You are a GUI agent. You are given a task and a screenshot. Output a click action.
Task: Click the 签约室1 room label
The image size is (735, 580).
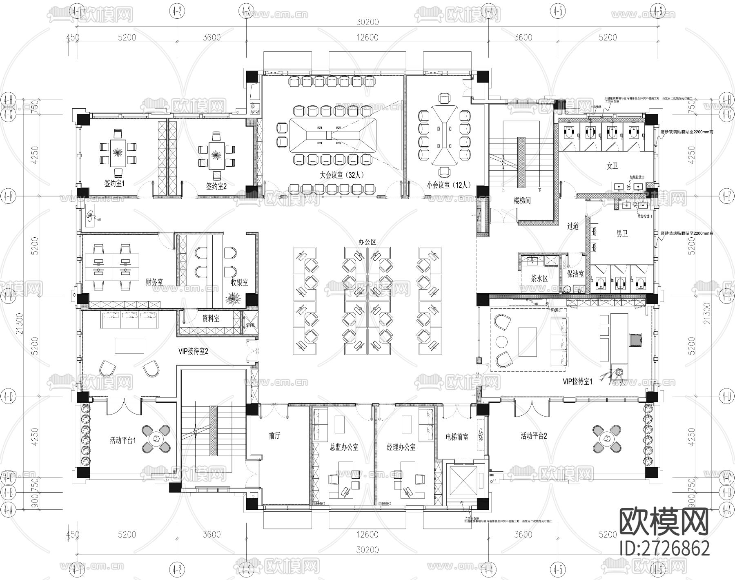click(x=114, y=184)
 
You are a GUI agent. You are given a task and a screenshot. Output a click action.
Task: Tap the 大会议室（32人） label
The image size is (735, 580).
click(x=342, y=175)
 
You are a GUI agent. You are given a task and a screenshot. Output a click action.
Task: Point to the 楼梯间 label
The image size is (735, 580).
click(x=522, y=201)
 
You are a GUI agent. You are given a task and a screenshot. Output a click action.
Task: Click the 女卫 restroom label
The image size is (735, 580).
click(x=612, y=166)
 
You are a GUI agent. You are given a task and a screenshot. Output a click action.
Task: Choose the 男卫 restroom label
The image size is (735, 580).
click(x=622, y=234)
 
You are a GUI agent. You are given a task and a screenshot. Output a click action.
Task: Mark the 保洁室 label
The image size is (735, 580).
click(x=575, y=274)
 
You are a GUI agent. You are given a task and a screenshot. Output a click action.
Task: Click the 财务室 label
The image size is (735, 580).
click(x=154, y=282)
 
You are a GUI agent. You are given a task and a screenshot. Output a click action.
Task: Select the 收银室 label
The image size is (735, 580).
click(x=239, y=282)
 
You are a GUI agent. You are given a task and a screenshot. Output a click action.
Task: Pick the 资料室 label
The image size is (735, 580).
click(x=211, y=319)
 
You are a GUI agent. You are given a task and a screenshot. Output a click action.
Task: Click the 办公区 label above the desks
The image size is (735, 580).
click(x=367, y=242)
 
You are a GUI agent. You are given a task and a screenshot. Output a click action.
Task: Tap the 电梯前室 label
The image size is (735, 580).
click(x=457, y=437)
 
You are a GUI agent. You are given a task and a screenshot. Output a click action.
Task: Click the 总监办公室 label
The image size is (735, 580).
click(x=344, y=447)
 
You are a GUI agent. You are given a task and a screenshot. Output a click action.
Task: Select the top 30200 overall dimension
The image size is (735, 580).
click(x=367, y=22)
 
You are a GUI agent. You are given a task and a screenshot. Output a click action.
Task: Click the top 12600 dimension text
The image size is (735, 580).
click(x=367, y=38)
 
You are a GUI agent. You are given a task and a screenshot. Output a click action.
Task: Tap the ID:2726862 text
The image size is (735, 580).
click(x=664, y=549)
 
